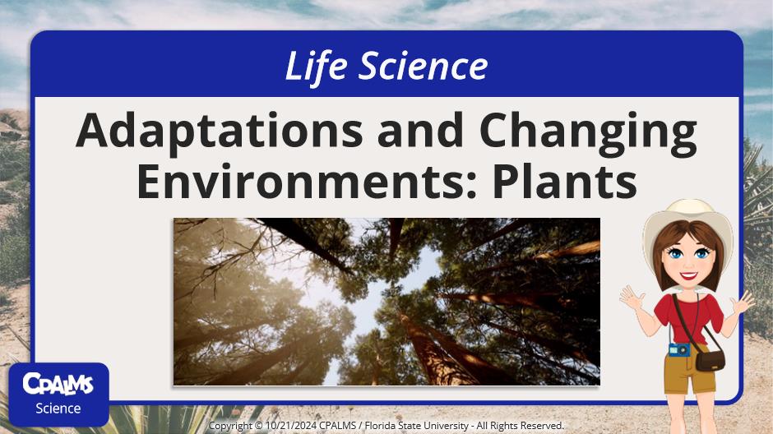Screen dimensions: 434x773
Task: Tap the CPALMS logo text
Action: click(x=58, y=384)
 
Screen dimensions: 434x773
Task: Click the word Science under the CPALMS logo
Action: click(x=58, y=408)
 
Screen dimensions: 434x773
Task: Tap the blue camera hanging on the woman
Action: click(x=679, y=349)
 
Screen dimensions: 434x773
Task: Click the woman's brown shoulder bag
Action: click(x=709, y=360)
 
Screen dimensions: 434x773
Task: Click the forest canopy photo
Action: click(x=386, y=301)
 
